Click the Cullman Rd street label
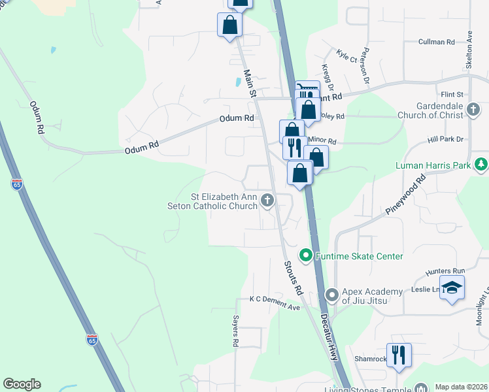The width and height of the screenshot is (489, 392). tap(437, 42)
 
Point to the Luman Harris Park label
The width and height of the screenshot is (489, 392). tap(433, 165)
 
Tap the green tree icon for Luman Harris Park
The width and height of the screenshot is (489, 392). tap(481, 163)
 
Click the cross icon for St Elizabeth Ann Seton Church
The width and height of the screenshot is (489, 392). tap(266, 200)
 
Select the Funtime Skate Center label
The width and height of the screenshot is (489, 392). tap(359, 256)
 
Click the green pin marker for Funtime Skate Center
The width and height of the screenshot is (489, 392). tap(305, 254)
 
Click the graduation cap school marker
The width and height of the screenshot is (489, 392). tap(452, 287)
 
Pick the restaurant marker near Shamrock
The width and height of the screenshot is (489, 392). tap(399, 355)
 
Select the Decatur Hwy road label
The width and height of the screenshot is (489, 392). tap(329, 337)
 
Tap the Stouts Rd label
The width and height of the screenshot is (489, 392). tap(293, 277)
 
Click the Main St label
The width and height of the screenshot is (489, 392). tap(248, 84)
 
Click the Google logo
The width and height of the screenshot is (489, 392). tap(22, 384)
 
